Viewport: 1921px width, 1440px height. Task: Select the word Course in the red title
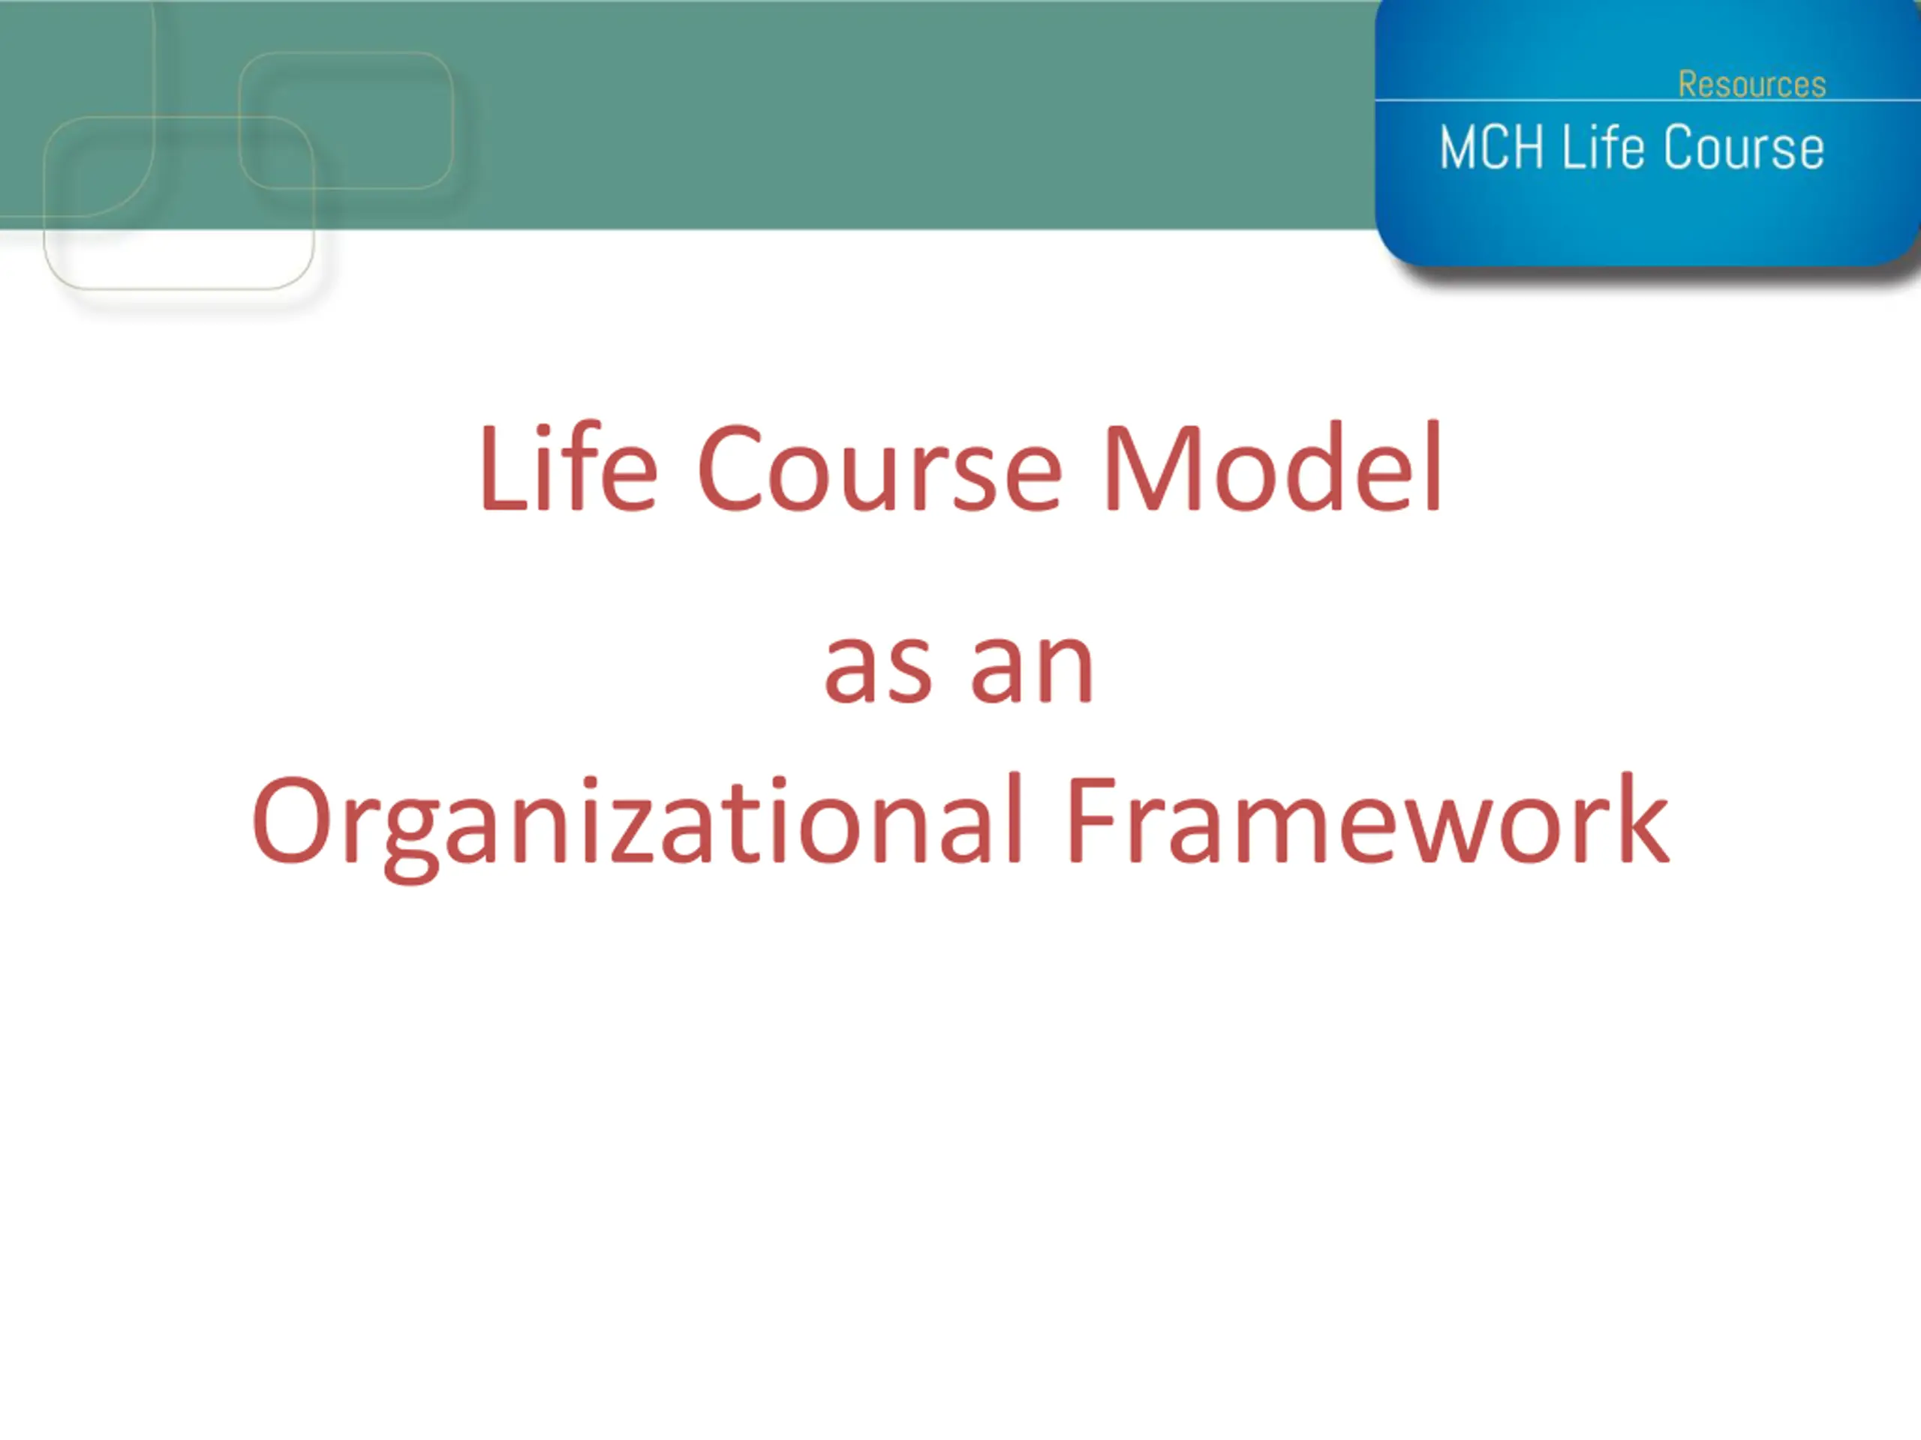(x=879, y=469)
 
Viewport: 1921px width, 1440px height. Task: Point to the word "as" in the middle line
(x=878, y=668)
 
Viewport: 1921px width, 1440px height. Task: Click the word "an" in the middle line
(x=1032, y=668)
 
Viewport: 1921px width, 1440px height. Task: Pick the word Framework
(x=1367, y=820)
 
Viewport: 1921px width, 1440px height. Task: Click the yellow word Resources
(x=1751, y=84)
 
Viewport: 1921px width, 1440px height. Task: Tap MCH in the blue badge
(x=1491, y=148)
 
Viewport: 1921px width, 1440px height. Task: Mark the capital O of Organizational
(x=291, y=820)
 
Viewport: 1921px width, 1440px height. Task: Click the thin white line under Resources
(x=1647, y=100)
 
